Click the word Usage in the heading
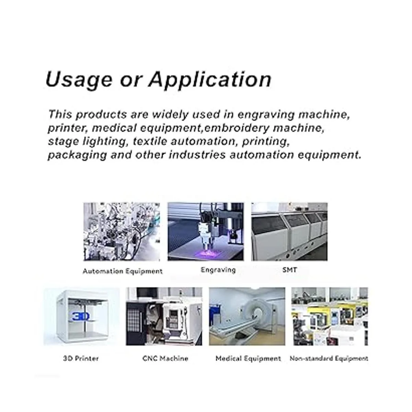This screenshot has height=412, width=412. (x=79, y=80)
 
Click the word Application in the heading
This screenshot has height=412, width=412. (x=210, y=80)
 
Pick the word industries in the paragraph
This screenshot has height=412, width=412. (x=197, y=155)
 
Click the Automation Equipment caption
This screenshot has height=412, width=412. (x=123, y=271)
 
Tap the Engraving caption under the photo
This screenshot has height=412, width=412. (x=218, y=270)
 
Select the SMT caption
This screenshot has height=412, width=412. (x=289, y=270)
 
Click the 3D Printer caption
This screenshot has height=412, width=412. (x=81, y=358)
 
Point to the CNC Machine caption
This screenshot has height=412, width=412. (x=165, y=358)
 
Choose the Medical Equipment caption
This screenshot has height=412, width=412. (x=248, y=358)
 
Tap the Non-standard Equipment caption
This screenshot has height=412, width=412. (x=329, y=358)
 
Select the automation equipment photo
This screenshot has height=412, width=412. (x=122, y=232)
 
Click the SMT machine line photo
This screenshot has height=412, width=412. (x=289, y=232)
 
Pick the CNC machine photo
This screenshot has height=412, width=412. (x=164, y=317)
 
